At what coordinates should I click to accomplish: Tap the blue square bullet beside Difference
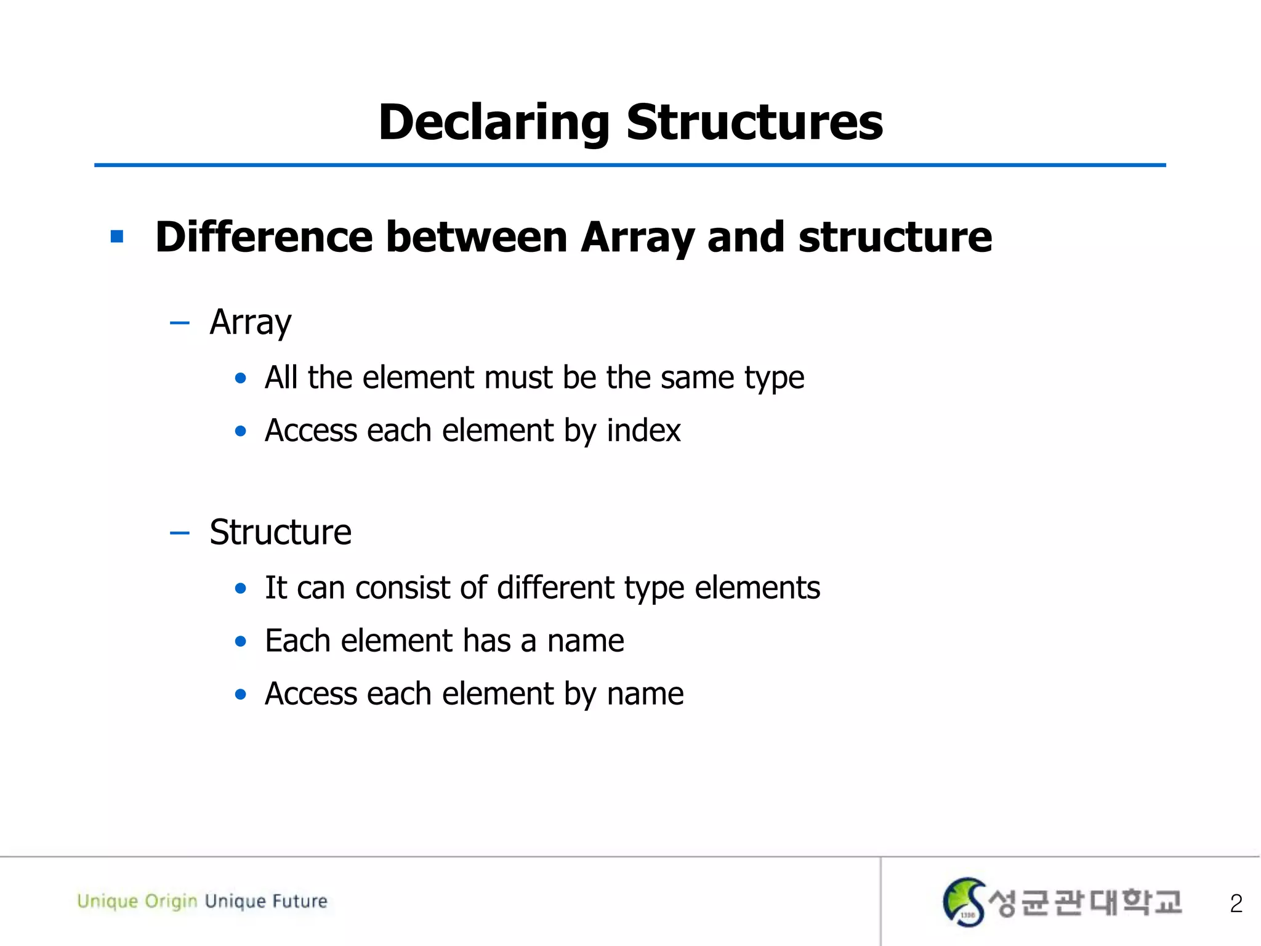117,236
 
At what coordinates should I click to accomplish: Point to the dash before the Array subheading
179,323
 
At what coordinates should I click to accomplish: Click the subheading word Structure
280,532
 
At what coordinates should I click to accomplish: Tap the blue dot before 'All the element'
241,378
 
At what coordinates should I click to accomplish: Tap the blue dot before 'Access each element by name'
241,695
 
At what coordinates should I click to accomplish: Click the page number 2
1236,904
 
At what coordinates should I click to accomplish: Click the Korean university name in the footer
1085,903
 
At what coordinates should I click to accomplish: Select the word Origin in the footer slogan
171,902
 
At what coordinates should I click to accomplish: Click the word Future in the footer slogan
300,901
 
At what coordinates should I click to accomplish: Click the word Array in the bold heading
637,238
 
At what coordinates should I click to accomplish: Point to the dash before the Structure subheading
179,533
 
